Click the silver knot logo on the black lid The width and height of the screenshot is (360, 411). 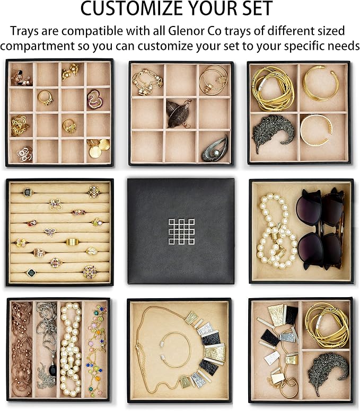181,231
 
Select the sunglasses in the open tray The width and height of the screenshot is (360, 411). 320,229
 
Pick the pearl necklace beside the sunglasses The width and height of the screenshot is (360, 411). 276,231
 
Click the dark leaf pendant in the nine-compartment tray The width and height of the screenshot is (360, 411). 179,113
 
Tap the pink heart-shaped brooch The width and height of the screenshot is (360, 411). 95,100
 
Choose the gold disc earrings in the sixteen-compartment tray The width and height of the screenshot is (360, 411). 99,148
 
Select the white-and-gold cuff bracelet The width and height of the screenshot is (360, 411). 316,130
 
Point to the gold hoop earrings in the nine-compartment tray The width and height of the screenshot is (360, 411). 213,79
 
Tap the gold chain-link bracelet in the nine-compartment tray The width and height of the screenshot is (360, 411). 147,82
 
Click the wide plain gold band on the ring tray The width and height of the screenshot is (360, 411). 73,242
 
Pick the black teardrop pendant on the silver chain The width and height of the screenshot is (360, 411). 52,370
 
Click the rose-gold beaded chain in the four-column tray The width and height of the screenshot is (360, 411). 22,349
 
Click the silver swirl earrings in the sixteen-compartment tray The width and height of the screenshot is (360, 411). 25,154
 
